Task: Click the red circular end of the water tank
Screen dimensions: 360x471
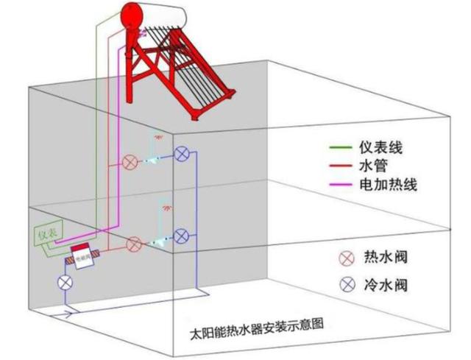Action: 132,13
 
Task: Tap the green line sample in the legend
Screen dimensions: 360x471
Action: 341,148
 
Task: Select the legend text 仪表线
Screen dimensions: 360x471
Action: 383,148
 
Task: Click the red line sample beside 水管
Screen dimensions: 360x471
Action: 341,166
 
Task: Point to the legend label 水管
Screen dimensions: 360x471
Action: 376,166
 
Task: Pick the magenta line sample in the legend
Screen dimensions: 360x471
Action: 341,185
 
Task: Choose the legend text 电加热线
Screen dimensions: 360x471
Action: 391,185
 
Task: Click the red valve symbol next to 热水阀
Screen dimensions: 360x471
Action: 344,258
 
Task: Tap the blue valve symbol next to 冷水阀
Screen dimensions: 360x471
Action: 344,284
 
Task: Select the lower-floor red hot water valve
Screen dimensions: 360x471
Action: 134,243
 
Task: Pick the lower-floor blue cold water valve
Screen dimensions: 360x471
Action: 181,236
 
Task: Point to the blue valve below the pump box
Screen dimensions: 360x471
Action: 65,283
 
